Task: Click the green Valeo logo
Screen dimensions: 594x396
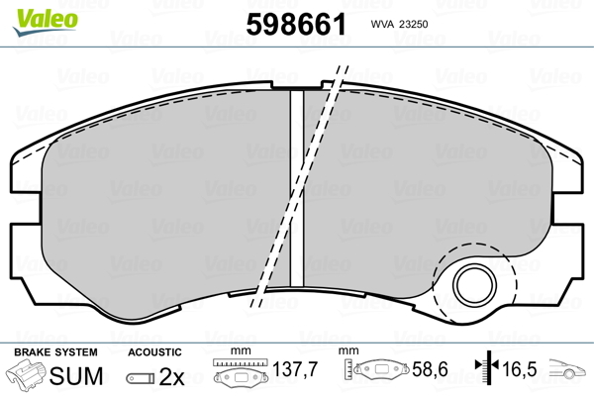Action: (x=46, y=22)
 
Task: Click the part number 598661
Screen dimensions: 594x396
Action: (x=296, y=24)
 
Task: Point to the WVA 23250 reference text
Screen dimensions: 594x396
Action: (x=399, y=24)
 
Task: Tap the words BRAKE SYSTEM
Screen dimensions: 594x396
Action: (x=55, y=352)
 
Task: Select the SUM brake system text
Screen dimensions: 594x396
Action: (x=76, y=376)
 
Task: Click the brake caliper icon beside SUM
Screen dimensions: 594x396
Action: (x=26, y=373)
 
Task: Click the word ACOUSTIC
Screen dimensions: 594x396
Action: (x=154, y=352)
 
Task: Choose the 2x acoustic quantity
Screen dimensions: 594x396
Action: (x=171, y=376)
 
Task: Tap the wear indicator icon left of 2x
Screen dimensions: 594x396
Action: (x=141, y=378)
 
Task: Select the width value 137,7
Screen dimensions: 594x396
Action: (x=295, y=369)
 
